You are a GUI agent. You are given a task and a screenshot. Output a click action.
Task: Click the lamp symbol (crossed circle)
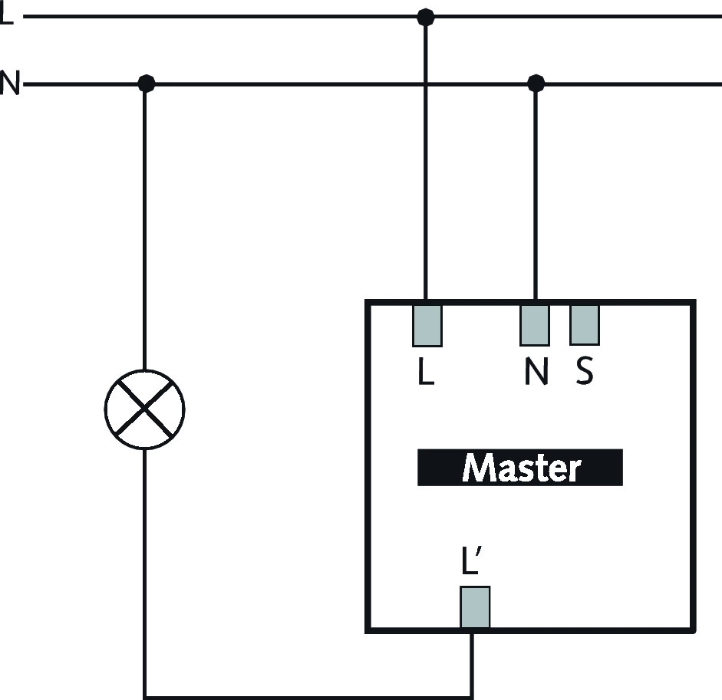[144, 409]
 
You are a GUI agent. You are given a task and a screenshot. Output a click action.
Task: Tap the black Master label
[519, 468]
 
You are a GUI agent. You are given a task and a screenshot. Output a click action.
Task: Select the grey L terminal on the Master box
[427, 325]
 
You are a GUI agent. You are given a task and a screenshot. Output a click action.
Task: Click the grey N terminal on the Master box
[535, 325]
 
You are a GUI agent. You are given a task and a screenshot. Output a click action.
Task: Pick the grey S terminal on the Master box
[584, 325]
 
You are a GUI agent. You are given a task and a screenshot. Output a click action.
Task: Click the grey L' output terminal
[474, 607]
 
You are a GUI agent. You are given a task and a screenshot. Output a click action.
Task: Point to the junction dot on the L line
[425, 16]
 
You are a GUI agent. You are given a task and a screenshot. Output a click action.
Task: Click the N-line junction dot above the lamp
[144, 83]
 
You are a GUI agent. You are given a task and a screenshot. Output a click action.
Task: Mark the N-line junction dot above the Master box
[536, 83]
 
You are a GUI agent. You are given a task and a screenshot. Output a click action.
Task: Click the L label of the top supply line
[6, 15]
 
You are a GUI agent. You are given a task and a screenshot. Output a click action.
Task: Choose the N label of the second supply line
[8, 82]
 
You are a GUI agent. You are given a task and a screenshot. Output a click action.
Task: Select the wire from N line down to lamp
[144, 230]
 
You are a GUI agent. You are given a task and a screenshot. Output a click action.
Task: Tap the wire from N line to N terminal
[536, 192]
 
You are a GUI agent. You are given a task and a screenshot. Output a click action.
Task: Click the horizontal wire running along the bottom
[307, 697]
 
